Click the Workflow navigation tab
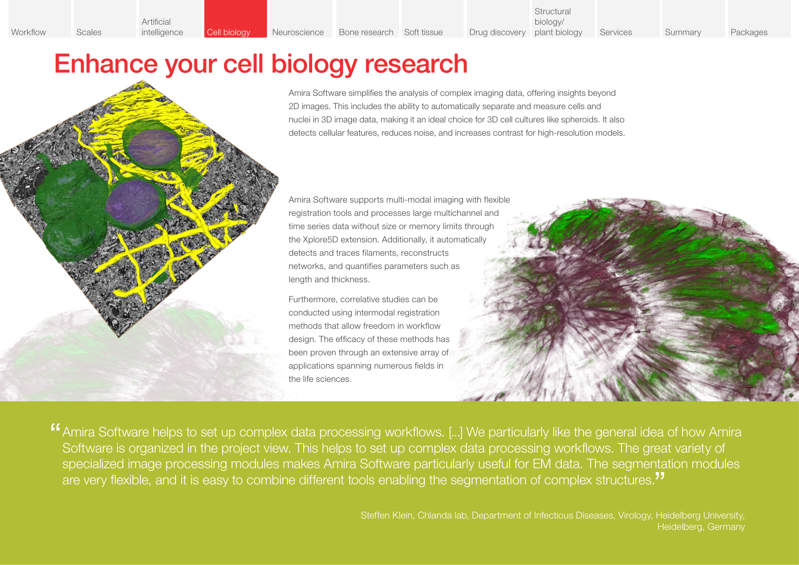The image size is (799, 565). (x=39, y=19)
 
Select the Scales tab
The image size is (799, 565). (x=104, y=19)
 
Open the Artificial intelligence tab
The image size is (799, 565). (x=170, y=19)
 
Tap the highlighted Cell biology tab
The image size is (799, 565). (x=235, y=19)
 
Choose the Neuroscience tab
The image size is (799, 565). (x=300, y=19)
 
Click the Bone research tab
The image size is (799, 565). (x=367, y=19)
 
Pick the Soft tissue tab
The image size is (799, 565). (x=432, y=19)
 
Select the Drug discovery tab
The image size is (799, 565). (x=497, y=19)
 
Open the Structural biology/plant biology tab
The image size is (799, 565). (x=563, y=19)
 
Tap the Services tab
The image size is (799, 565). (x=628, y=19)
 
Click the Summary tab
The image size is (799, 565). (x=693, y=19)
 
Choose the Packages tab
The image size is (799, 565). (x=759, y=19)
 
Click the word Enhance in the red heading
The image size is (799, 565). (x=106, y=64)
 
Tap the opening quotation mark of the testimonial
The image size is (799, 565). (x=55, y=428)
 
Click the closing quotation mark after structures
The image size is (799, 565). (x=660, y=476)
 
